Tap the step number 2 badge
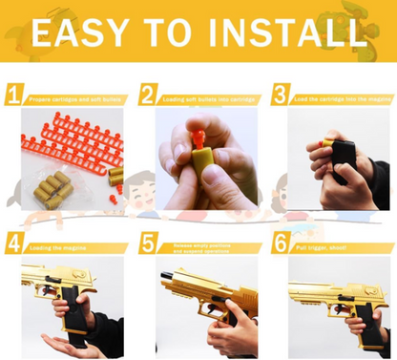click(148, 95)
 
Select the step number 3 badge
click(280, 95)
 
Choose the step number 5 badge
click(148, 244)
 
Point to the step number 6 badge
click(280, 244)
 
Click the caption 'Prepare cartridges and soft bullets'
click(73, 97)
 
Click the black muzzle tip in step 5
click(166, 275)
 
